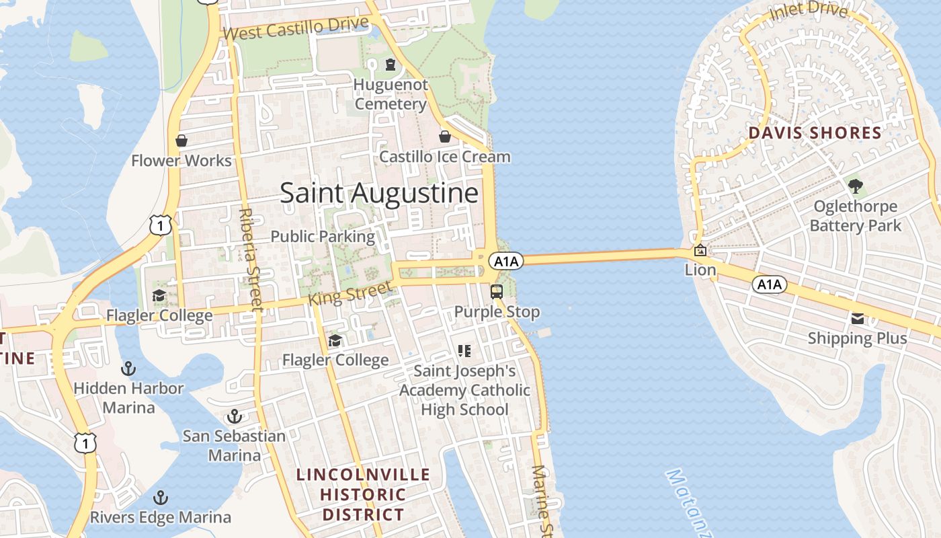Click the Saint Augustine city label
pos(379,193)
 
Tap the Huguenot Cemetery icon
pos(390,65)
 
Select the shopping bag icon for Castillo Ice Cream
pos(444,137)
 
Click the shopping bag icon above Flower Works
pos(181,141)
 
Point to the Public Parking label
pos(323,237)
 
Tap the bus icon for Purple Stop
pos(497,292)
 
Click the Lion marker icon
pos(700,250)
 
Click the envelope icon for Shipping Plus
pos(858,319)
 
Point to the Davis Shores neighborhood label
pos(815,133)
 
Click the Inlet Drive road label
pos(809,11)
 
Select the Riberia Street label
pos(249,259)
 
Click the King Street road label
pos(350,294)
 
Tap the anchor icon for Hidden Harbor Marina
pos(128,369)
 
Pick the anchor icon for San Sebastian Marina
pos(234,416)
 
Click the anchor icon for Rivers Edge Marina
pos(160,498)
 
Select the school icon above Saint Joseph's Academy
pos(464,350)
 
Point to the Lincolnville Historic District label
pos(363,494)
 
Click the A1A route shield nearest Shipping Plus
pos(769,284)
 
